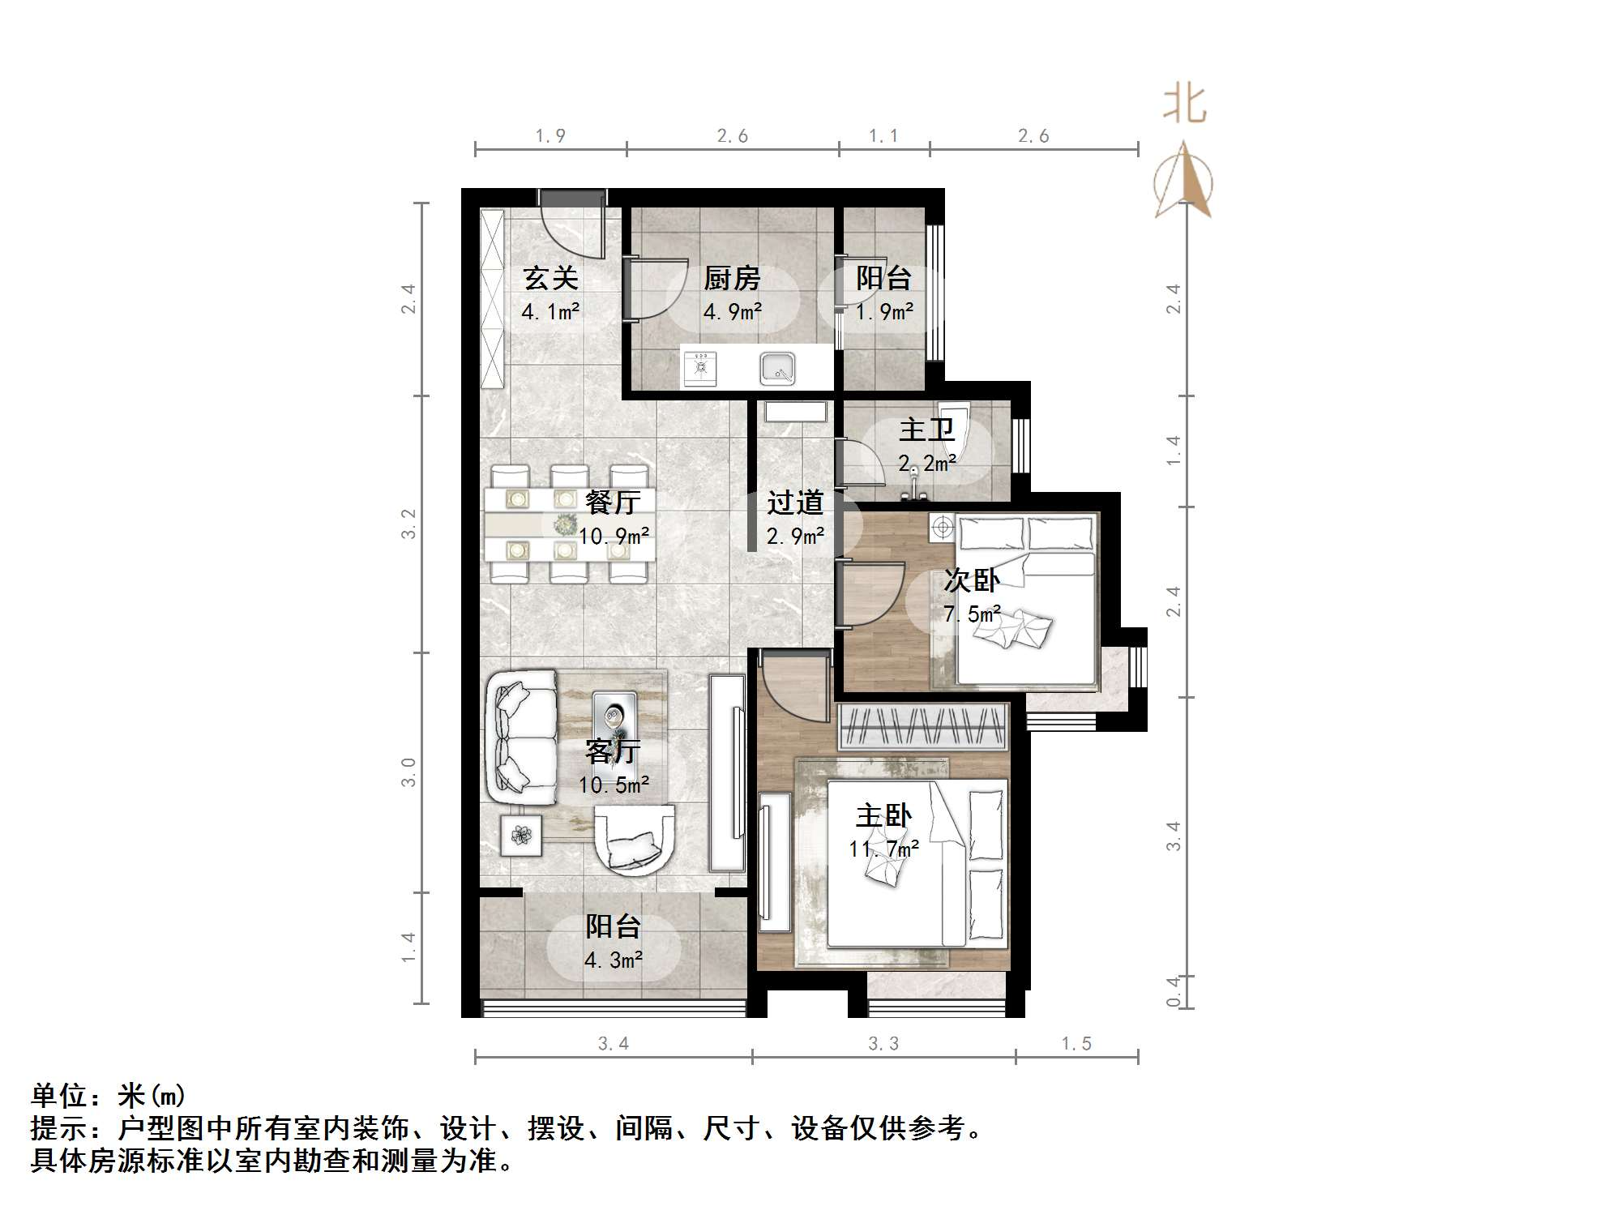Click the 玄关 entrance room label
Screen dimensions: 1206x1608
550,279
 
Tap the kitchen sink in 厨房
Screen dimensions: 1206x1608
777,370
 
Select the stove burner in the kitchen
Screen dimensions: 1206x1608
700,368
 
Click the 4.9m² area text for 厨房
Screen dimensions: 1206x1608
732,312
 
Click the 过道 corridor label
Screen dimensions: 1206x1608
795,502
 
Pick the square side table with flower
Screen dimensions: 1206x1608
520,835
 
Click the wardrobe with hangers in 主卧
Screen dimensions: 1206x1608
923,727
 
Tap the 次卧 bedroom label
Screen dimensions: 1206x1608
972,580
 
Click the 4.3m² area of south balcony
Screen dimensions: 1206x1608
614,960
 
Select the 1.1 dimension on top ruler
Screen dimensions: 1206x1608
883,136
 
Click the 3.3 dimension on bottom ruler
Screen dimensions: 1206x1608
883,1044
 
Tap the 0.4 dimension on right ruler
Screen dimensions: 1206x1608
1173,992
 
